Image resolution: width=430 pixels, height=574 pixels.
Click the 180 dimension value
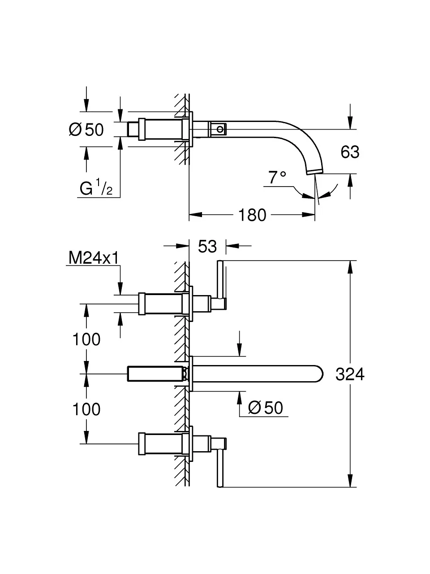252,215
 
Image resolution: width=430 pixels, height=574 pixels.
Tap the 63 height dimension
350,152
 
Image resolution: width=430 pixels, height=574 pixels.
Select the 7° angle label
277,178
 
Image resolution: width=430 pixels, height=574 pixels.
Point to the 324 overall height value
350,374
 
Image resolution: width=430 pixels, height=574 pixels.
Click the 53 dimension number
207,246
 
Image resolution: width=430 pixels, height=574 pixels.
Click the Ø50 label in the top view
86,130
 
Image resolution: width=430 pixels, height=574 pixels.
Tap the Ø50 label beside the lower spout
266,408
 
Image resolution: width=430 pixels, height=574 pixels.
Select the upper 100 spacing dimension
86,339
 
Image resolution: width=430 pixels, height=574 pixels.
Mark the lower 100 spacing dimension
86,409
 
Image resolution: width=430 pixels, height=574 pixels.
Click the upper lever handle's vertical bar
220,280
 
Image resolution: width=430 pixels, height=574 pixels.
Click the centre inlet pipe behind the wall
155,374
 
